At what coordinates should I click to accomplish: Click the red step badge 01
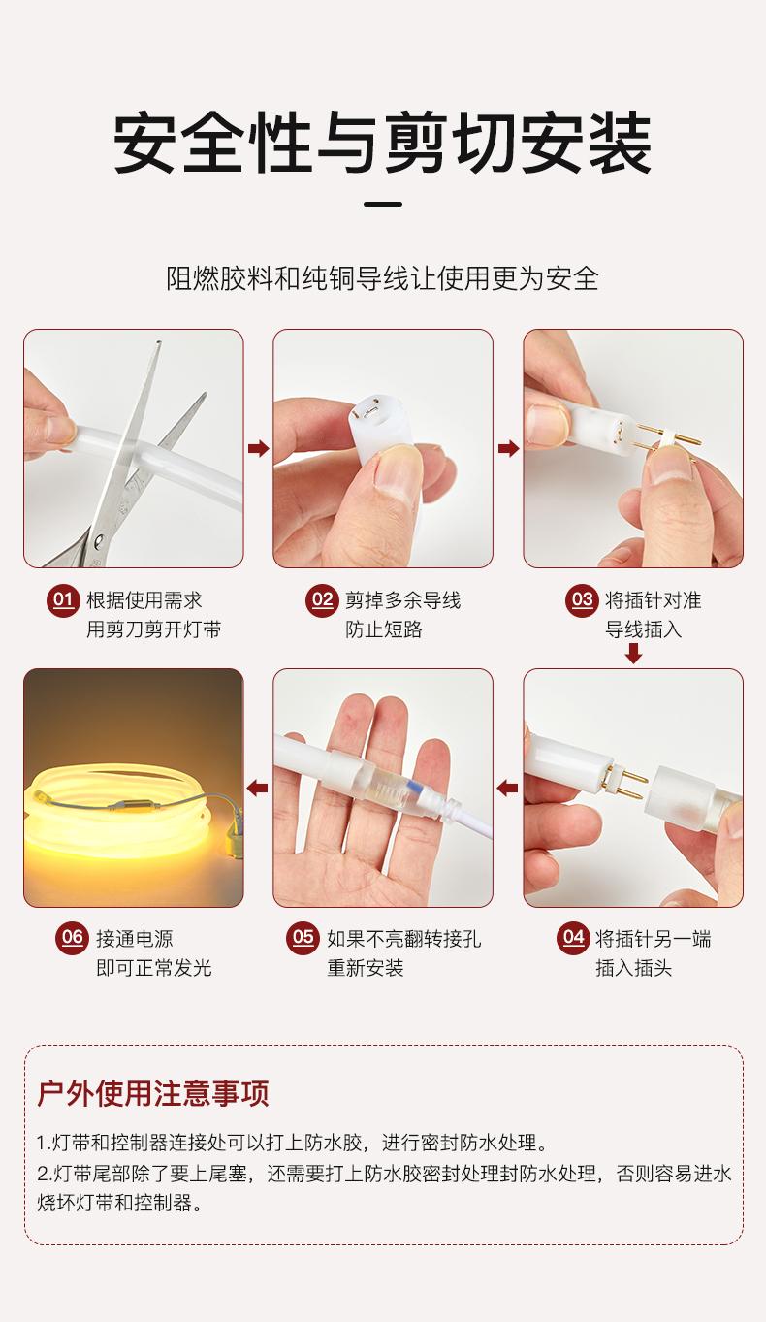coord(63,600)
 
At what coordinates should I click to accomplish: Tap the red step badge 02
coord(322,600)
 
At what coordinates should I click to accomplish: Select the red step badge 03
coord(582,600)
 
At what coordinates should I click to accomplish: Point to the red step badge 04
coord(573,937)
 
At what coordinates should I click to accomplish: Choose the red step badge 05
coord(303,937)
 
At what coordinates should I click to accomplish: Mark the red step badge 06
coord(72,937)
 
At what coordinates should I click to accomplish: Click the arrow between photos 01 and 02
coord(258,448)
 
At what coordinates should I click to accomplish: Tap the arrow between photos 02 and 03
coord(508,448)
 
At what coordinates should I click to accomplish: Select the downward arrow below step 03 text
coord(633,654)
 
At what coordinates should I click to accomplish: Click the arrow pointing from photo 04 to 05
coord(507,788)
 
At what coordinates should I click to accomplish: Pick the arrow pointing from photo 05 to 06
coord(257,788)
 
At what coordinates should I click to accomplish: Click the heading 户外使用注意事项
coord(153,1093)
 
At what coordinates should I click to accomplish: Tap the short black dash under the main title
coord(383,205)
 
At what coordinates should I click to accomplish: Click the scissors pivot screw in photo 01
coord(99,539)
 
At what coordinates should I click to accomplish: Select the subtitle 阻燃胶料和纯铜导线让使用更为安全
coord(382,278)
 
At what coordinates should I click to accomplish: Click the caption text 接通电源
coord(135,938)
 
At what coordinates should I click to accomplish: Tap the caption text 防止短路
coord(384,629)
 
